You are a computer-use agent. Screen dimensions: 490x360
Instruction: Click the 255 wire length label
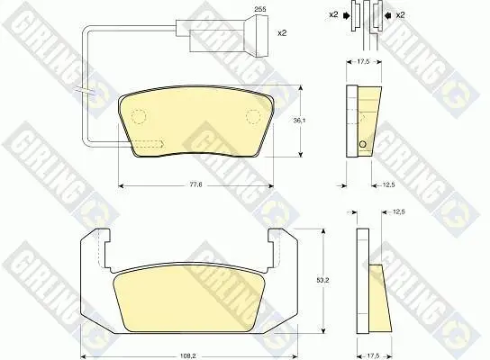pos(260,9)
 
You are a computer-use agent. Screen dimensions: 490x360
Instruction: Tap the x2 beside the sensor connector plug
pos(282,32)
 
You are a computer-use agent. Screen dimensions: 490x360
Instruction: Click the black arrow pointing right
pos(347,15)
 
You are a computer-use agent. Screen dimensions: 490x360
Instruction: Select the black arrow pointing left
pos(388,15)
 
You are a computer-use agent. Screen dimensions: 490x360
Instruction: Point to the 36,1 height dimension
pos(299,121)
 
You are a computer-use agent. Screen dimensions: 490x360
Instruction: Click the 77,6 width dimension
pos(196,184)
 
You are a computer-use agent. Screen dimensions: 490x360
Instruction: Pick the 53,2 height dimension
pos(323,280)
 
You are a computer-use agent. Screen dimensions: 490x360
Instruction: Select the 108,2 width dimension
pos(188,355)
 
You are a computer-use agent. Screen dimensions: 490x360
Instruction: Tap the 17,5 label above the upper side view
pos(363,62)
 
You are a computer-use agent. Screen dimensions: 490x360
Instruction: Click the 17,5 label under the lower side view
pos(374,355)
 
